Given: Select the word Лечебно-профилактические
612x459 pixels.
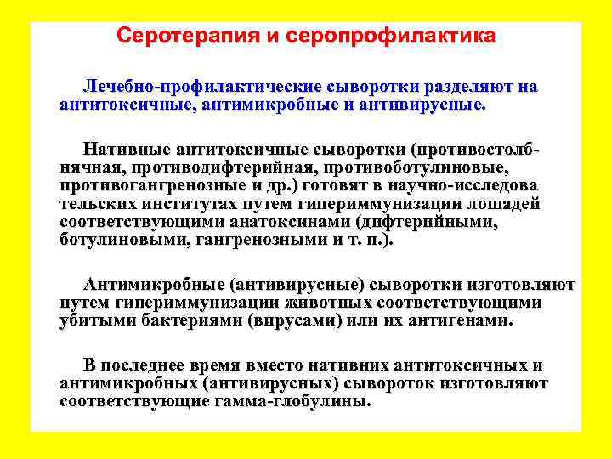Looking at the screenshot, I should [x=201, y=88].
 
